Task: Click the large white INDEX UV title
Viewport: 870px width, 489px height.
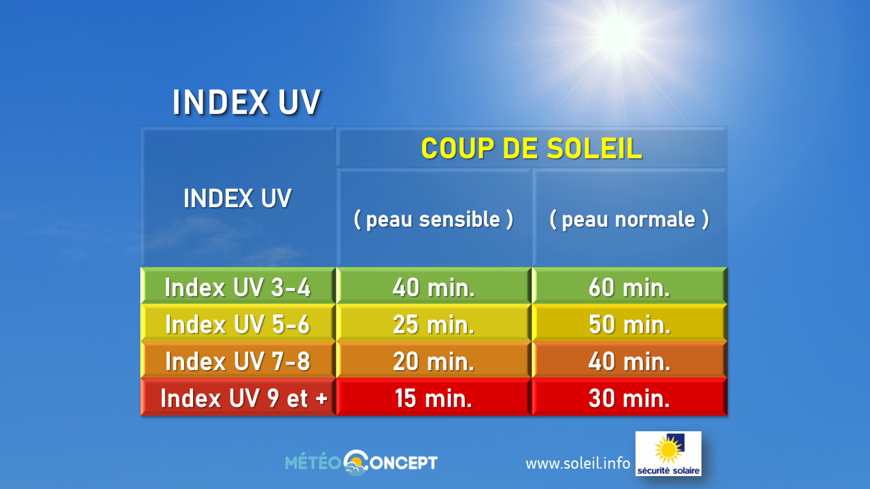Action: [247, 103]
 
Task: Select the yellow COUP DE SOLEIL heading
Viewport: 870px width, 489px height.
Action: [532, 148]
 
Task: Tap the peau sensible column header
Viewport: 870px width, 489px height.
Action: [434, 219]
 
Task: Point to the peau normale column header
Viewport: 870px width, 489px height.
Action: [629, 219]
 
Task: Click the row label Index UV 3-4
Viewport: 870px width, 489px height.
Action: [237, 287]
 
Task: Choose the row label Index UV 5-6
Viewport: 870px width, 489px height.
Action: [237, 325]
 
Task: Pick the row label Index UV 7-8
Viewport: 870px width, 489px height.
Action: [237, 361]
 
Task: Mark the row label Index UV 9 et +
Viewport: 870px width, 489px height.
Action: [244, 398]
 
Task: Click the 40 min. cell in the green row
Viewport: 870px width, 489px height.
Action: [434, 287]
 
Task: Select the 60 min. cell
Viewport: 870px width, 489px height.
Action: [629, 287]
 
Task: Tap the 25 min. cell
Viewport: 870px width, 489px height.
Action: [434, 325]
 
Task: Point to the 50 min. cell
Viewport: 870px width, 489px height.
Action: [629, 325]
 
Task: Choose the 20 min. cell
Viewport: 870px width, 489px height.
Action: [434, 361]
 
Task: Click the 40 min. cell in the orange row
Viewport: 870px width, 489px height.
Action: [629, 361]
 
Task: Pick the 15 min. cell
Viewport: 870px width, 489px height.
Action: [434, 398]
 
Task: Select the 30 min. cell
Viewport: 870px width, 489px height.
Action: [629, 398]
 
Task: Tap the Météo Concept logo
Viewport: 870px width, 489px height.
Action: [361, 463]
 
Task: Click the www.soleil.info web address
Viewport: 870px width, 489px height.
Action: [578, 463]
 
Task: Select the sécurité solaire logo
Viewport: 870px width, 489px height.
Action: [668, 454]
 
